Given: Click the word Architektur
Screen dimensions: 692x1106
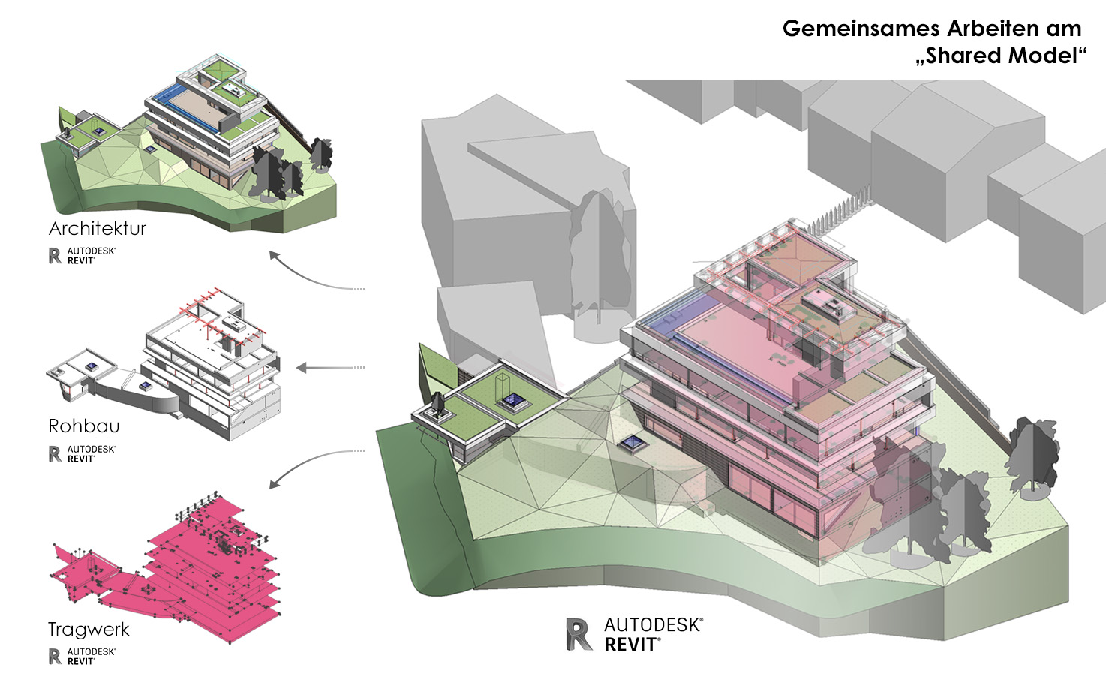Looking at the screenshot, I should click(x=97, y=228).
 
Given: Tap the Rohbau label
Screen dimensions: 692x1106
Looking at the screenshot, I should click(x=84, y=426).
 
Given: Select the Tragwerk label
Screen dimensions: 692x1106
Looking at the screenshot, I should click(x=89, y=629).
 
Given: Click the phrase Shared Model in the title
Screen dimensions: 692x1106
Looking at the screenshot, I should click(x=1001, y=56).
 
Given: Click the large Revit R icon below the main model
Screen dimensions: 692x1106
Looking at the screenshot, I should click(x=579, y=634).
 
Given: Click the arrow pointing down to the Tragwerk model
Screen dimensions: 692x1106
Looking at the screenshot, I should click(x=308, y=465).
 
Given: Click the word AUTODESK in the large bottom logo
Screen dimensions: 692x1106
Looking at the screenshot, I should click(x=653, y=625).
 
